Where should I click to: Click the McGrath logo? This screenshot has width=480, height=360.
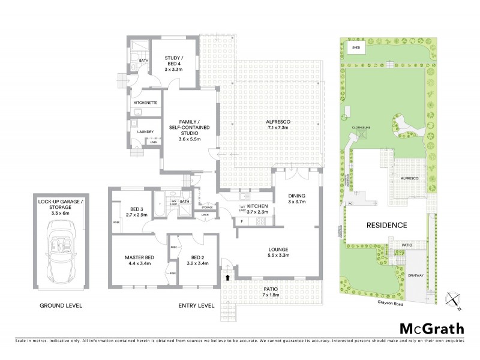pyautogui.click(x=431, y=328)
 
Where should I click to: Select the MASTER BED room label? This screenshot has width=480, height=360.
pyautogui.click(x=139, y=261)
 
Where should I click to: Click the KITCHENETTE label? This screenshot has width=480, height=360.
pyautogui.click(x=145, y=103)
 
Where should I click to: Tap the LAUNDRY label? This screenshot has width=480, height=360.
pyautogui.click(x=145, y=131)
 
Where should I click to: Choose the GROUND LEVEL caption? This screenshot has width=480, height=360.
pyautogui.click(x=61, y=305)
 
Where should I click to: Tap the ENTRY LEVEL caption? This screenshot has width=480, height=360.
pyautogui.click(x=196, y=305)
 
